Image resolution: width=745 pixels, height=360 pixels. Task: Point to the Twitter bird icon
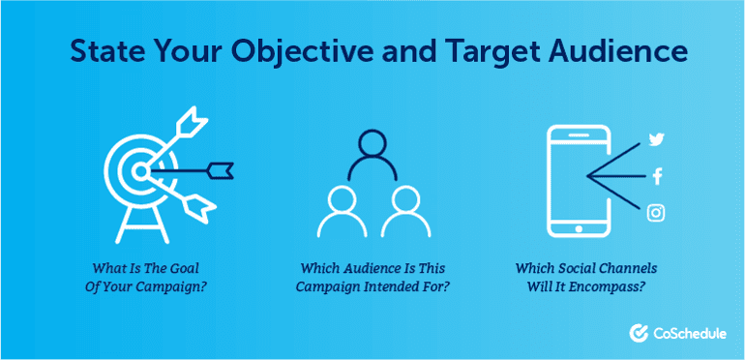click(x=656, y=139)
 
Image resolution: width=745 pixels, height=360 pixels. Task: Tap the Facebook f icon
click(x=657, y=176)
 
